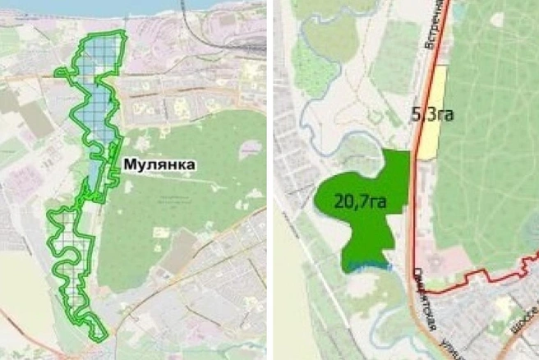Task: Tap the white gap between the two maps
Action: pyautogui.click(x=269, y=180)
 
